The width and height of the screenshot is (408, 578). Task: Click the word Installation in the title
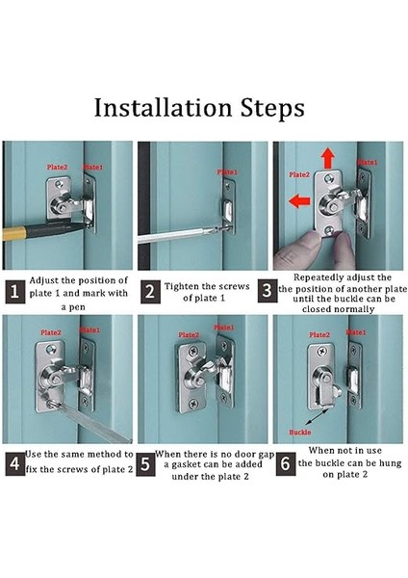[163, 108]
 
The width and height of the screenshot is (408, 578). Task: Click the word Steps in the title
[272, 108]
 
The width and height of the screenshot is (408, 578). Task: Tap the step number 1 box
[15, 292]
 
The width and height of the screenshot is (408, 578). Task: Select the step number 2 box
[150, 292]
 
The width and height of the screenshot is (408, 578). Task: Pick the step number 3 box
[267, 291]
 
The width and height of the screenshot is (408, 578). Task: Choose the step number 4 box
[15, 463]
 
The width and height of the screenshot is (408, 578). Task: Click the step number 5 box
[145, 464]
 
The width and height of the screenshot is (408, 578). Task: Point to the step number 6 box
[286, 463]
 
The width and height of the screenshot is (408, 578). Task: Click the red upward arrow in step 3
[327, 158]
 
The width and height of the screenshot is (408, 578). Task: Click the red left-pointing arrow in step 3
[299, 201]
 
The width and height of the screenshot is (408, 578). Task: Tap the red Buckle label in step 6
[300, 432]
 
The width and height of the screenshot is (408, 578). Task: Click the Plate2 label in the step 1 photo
[57, 168]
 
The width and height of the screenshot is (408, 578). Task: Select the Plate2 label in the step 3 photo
[299, 174]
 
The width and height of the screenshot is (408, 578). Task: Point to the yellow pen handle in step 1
[14, 234]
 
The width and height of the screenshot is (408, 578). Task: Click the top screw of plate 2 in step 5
[193, 351]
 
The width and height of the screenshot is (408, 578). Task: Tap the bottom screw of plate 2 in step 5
[193, 404]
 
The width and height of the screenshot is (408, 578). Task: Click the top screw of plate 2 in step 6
[322, 352]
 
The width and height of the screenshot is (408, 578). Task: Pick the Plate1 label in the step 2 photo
[227, 172]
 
